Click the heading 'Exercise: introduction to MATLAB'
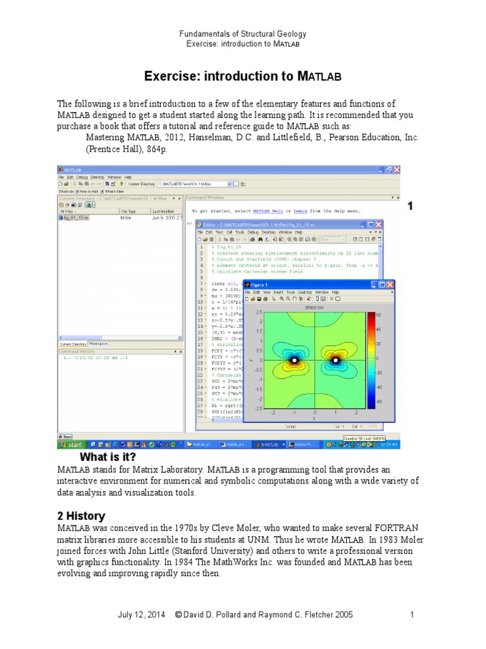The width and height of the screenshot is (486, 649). (x=243, y=77)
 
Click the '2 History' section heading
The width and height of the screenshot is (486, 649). (x=81, y=516)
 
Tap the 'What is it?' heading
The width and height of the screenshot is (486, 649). (x=108, y=457)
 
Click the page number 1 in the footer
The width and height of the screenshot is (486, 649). (x=411, y=615)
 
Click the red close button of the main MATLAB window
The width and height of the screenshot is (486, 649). (x=397, y=170)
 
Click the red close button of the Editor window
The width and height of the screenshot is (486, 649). (x=378, y=224)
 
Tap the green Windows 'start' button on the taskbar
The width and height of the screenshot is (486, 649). (x=71, y=445)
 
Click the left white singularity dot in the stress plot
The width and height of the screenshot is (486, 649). (x=294, y=360)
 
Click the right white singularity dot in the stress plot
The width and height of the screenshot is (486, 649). (x=335, y=360)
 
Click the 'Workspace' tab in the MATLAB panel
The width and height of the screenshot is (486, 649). (x=97, y=344)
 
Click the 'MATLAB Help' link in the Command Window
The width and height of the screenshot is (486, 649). (x=270, y=210)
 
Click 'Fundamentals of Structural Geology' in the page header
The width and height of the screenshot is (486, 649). (x=243, y=34)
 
